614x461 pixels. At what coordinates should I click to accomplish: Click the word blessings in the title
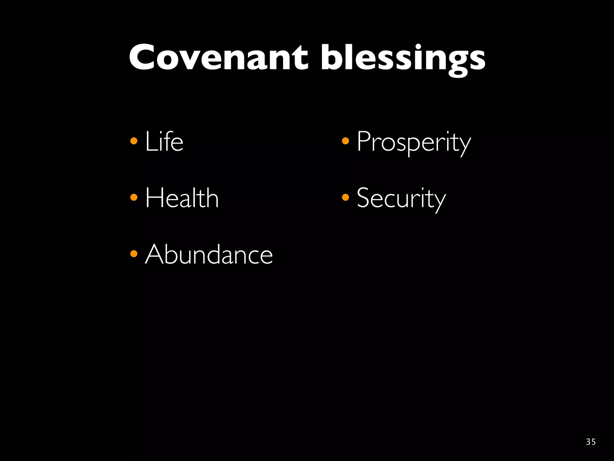tap(403, 59)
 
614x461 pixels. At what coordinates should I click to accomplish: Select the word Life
tap(164, 141)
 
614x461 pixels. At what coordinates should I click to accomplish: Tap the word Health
tap(182, 198)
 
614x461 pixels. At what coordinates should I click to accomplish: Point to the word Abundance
tap(209, 254)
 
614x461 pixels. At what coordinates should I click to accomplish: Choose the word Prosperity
tap(414, 142)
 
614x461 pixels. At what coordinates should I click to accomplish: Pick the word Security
tap(401, 199)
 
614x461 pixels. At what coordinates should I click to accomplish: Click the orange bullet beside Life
tap(134, 141)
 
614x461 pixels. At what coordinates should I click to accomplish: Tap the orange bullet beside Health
tap(134, 197)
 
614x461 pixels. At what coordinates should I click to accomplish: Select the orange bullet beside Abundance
tap(134, 254)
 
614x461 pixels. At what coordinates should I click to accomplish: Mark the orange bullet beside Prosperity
tap(345, 141)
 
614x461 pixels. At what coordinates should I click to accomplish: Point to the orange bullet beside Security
tap(345, 197)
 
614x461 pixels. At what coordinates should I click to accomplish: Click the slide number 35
tap(591, 442)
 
